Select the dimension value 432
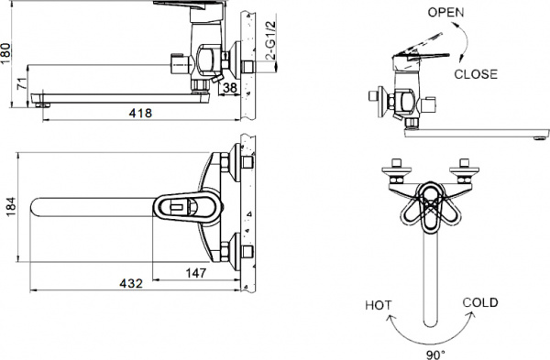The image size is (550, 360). click(x=131, y=284)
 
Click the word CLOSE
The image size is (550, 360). click(x=476, y=74)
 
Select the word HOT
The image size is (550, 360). click(x=379, y=304)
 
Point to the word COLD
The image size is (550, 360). click(x=479, y=302)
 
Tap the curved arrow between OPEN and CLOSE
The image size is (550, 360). click(x=466, y=41)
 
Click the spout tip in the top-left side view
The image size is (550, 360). click(x=41, y=100)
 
